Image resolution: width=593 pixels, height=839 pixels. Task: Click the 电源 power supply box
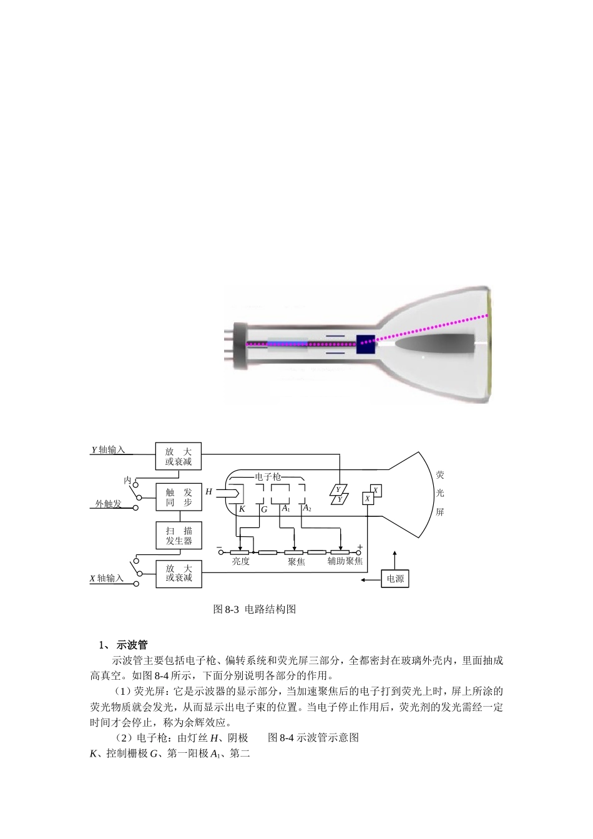coord(395,579)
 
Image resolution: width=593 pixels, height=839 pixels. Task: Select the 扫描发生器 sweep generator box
coord(179,536)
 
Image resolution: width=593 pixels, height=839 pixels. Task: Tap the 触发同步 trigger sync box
coord(179,498)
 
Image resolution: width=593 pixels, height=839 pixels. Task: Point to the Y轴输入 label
coord(109,449)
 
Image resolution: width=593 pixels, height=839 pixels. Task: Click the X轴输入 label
coord(107,578)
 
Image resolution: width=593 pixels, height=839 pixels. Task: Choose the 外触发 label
coord(108,504)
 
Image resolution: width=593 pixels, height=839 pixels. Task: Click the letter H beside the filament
coord(209,492)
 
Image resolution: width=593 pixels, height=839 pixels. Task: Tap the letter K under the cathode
coord(242,509)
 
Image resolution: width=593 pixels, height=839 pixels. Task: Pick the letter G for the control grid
coord(263,509)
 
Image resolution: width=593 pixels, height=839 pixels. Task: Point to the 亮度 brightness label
coord(240,561)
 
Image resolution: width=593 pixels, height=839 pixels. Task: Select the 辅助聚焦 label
coord(345,561)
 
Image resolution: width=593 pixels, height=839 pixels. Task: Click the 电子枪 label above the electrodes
coord(267,476)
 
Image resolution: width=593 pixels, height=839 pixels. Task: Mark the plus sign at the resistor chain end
coord(360,547)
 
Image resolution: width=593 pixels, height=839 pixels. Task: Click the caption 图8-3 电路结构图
coord(254,609)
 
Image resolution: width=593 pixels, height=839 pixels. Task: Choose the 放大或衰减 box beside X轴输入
coord(179,573)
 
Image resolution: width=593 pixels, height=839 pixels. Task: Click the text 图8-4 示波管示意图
coord(313,737)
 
